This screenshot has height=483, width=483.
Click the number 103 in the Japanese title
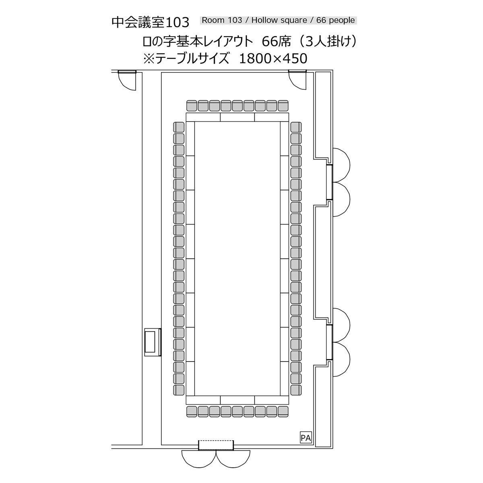coord(178,23)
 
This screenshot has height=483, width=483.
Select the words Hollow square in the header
coord(279,21)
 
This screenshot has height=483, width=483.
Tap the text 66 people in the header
coord(336,21)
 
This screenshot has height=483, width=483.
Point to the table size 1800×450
coord(273,59)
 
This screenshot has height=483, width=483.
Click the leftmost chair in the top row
coord(192,106)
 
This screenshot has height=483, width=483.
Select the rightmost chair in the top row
coord(283,106)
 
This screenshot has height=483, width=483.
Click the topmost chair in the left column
coord(179,127)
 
